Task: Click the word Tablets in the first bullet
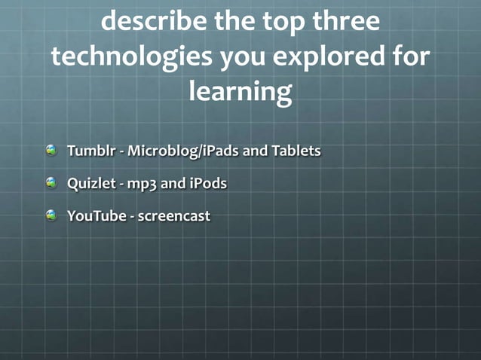click(x=296, y=151)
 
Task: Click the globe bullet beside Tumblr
click(x=51, y=150)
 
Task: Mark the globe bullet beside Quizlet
click(x=51, y=182)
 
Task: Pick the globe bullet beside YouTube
click(x=51, y=215)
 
